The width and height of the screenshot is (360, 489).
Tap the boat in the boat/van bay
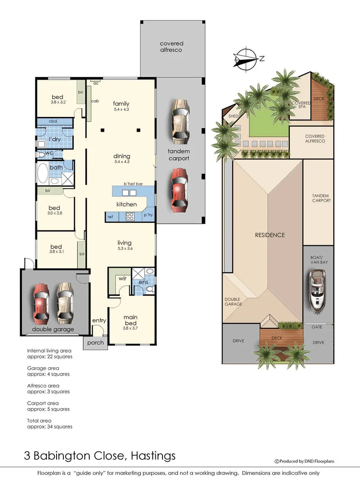click(x=318, y=292)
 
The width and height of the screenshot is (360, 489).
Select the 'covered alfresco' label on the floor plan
click(x=171, y=47)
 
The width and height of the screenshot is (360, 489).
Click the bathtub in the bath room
click(x=44, y=173)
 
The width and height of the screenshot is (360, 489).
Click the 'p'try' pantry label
click(x=148, y=215)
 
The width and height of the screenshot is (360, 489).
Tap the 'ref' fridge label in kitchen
click(x=110, y=217)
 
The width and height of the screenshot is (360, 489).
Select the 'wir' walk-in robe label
click(x=122, y=279)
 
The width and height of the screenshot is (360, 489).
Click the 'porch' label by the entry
click(x=96, y=343)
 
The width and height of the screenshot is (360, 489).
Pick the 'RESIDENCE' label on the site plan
click(x=270, y=235)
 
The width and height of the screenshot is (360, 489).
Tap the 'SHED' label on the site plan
click(x=234, y=116)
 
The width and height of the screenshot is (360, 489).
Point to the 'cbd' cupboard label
click(x=53, y=121)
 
